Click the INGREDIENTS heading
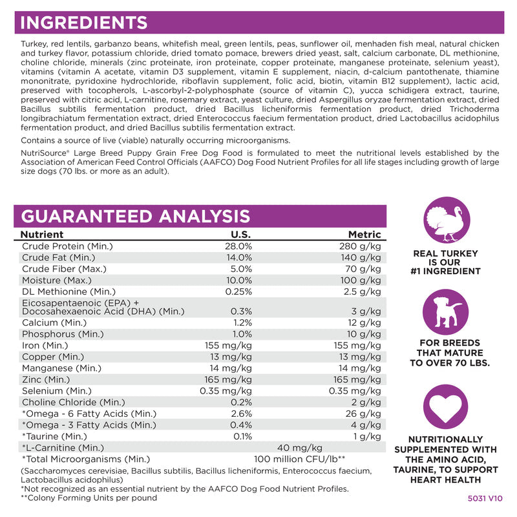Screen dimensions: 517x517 [85, 23]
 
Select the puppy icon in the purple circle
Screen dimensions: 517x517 [445, 311]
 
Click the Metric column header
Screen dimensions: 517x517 [364, 235]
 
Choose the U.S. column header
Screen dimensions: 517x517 [242, 235]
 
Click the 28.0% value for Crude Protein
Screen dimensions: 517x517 [238, 246]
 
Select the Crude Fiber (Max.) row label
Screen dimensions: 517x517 [64, 269]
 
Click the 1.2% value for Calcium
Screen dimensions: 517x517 [242, 322]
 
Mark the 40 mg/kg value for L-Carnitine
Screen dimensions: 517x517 [299, 447]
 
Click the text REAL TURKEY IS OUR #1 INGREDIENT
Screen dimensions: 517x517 [445, 262]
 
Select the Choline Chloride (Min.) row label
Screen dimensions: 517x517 [73, 401]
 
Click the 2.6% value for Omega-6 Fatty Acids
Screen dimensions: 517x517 [241, 413]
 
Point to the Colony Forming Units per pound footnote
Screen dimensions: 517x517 [89, 498]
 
